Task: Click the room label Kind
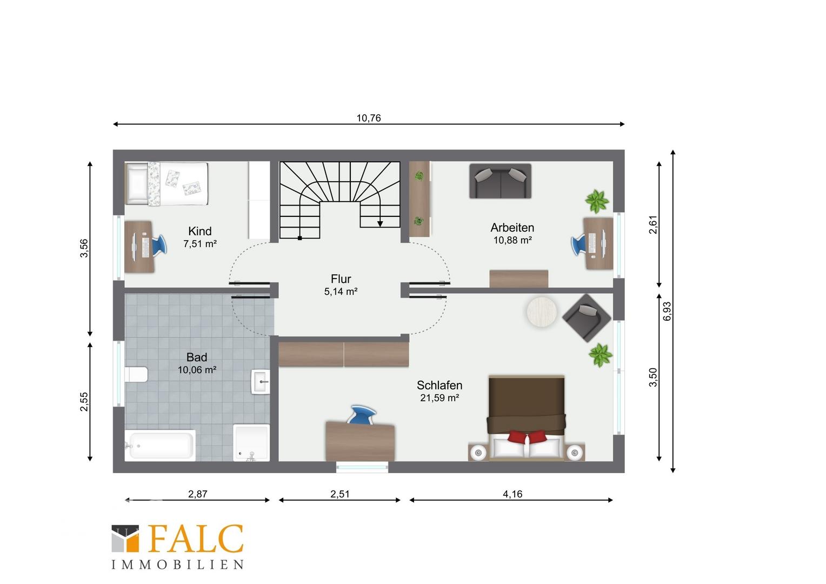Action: pyautogui.click(x=200, y=231)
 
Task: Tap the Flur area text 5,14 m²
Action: pyautogui.click(x=341, y=292)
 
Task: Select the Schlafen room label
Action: pyautogui.click(x=439, y=386)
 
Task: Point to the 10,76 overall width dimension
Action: pyautogui.click(x=368, y=118)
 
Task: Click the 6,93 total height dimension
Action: pyautogui.click(x=668, y=311)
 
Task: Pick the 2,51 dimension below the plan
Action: pyautogui.click(x=339, y=494)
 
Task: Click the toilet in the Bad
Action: pyautogui.click(x=136, y=374)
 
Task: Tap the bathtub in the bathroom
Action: pyautogui.click(x=160, y=446)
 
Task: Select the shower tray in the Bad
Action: pyautogui.click(x=251, y=443)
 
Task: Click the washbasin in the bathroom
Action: pyautogui.click(x=261, y=382)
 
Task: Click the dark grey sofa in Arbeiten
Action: pyautogui.click(x=500, y=181)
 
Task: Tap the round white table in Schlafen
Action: pyautogui.click(x=542, y=312)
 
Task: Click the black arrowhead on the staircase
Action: pyautogui.click(x=380, y=224)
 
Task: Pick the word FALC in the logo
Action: pyautogui.click(x=196, y=539)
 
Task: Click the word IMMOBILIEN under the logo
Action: pyautogui.click(x=177, y=565)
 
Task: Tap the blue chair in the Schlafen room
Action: pyautogui.click(x=362, y=415)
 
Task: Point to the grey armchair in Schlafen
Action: pyautogui.click(x=587, y=317)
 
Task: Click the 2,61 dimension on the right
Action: pyautogui.click(x=653, y=224)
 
